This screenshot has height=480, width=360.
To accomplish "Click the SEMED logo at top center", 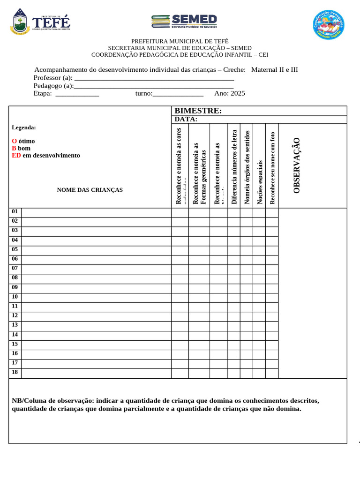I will (x=184, y=22).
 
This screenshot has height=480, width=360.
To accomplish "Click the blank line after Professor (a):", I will (x=154, y=78).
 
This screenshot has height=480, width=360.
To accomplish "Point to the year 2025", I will (x=238, y=93).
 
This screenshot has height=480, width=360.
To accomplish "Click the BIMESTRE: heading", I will (x=198, y=111).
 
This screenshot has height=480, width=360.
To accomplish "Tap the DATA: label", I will (x=186, y=119).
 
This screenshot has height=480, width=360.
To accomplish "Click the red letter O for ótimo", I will (x=14, y=141).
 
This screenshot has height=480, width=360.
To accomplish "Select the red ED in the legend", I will (x=16, y=155).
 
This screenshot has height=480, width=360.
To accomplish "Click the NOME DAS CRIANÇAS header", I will (x=90, y=190).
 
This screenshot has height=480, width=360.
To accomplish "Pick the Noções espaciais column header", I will (x=259, y=182).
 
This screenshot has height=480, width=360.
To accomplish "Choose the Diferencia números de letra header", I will (x=234, y=167).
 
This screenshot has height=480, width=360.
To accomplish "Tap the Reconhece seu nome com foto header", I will (x=272, y=167).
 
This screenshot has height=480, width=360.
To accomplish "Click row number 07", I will (x=15, y=269).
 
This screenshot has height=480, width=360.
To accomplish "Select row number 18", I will (x=15, y=373).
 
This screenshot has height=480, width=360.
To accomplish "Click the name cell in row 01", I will (x=96, y=212).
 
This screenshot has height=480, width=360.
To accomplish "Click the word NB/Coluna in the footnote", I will (x=29, y=401).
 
